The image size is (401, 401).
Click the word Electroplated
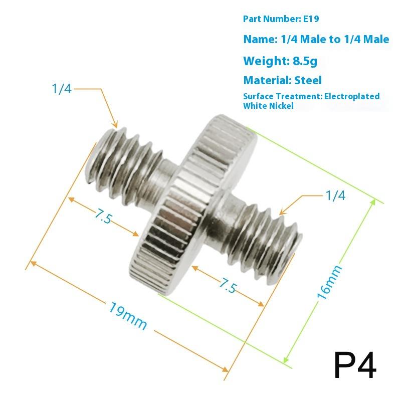tap(352, 96)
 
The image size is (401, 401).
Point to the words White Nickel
tap(268, 106)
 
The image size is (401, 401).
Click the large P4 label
tap(354, 365)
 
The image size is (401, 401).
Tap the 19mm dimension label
tap(128, 316)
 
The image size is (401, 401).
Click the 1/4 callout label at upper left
tap(62, 89)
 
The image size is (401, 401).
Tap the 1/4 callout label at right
tap(335, 195)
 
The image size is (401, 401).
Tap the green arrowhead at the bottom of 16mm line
tap(285, 359)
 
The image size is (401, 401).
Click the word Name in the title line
tap(259, 39)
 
